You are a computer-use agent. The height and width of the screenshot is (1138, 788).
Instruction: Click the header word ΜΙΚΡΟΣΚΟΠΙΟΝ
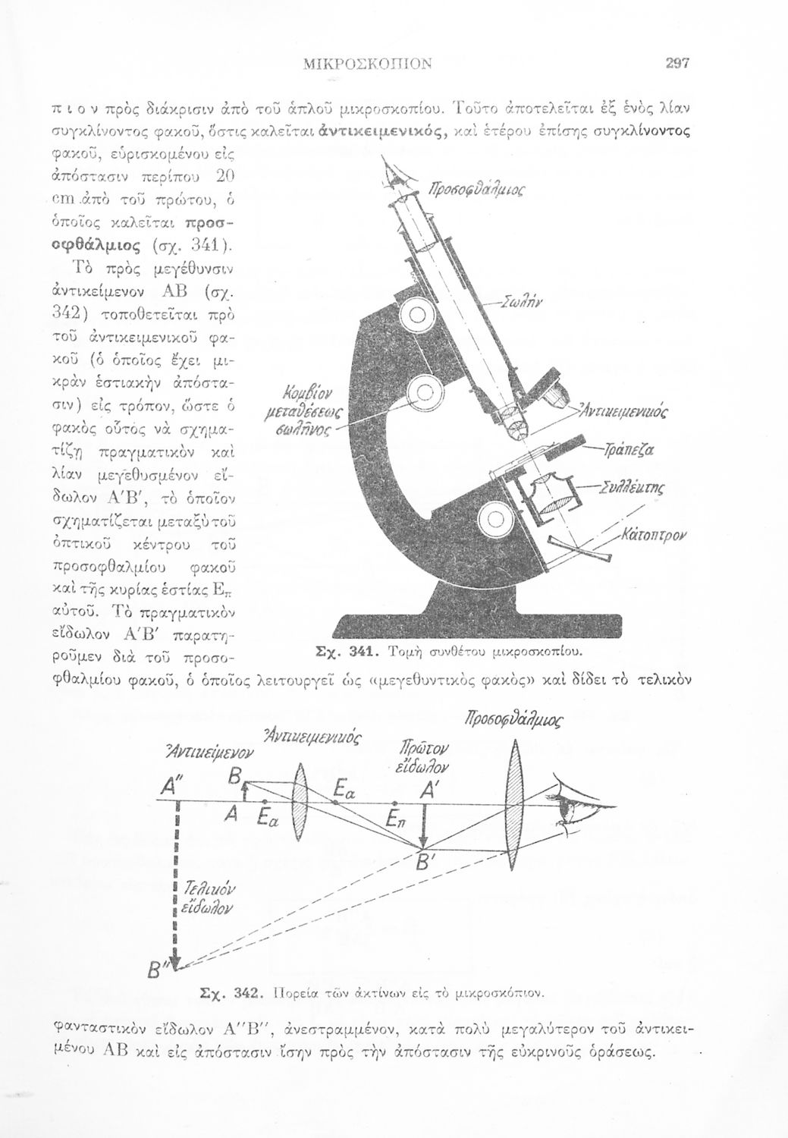[x=367, y=64]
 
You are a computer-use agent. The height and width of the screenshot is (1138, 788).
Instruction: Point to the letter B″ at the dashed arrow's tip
[x=161, y=972]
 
